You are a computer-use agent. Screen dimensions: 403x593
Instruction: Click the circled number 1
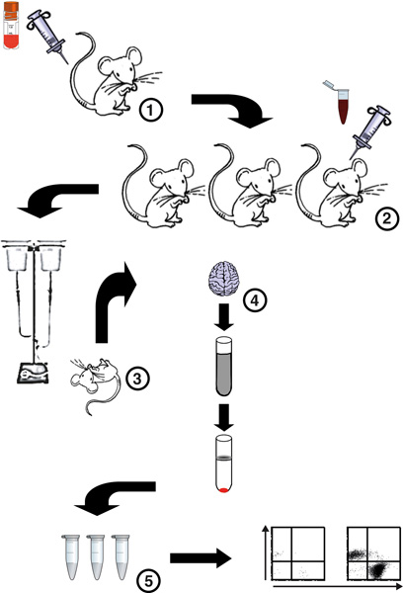pyautogui.click(x=150, y=111)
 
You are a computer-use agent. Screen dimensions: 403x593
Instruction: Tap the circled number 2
pyautogui.click(x=386, y=218)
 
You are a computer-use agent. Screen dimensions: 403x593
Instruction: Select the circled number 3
pyautogui.click(x=137, y=378)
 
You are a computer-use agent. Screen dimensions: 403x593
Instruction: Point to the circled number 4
pyautogui.click(x=255, y=300)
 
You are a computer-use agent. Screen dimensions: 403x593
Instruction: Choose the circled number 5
pyautogui.click(x=147, y=580)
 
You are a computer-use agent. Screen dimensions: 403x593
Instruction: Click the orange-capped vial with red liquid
pyautogui.click(x=11, y=25)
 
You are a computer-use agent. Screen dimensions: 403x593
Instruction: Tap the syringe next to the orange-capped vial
pyautogui.click(x=48, y=35)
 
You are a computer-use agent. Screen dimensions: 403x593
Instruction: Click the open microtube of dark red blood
pyautogui.click(x=339, y=102)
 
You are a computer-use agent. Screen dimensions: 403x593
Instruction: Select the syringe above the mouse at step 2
pyautogui.click(x=369, y=132)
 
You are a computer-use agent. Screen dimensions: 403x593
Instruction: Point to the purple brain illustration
pyautogui.click(x=224, y=279)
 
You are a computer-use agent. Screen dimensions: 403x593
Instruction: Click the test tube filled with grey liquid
pyautogui.click(x=223, y=366)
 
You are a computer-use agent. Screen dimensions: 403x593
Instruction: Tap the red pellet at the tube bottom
pyautogui.click(x=223, y=490)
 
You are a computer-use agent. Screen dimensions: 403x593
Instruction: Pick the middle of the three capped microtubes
pyautogui.click(x=97, y=556)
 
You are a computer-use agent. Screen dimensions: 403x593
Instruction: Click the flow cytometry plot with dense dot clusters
pyautogui.click(x=374, y=553)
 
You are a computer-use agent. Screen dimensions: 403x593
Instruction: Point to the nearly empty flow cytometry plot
pyautogui.click(x=297, y=553)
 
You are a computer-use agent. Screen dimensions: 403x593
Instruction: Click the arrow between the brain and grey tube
pyautogui.click(x=224, y=316)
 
